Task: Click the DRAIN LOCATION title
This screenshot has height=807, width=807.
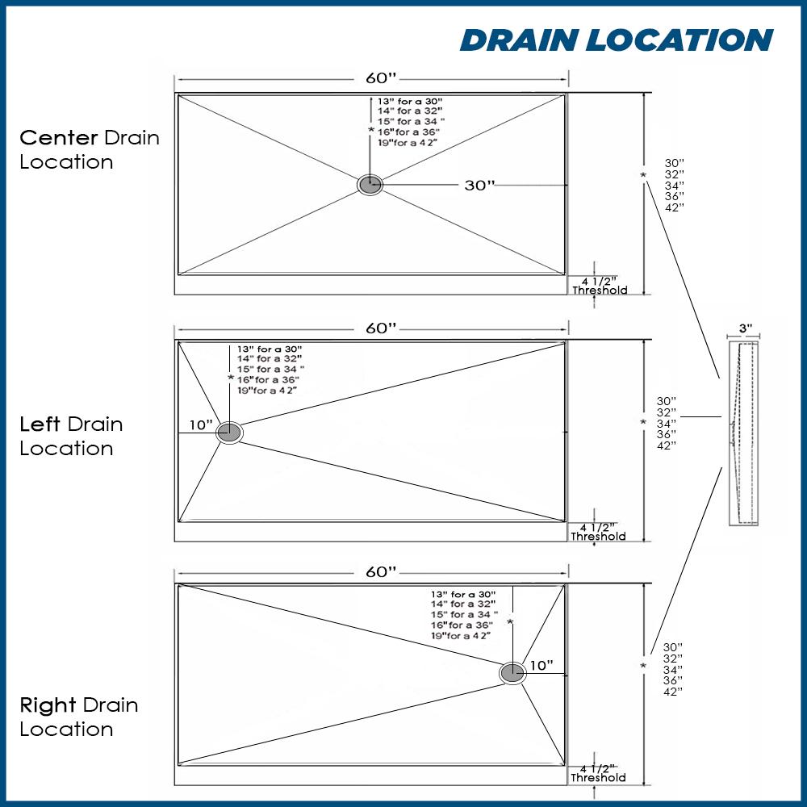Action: click(617, 40)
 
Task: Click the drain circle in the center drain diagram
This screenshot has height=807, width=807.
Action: click(370, 185)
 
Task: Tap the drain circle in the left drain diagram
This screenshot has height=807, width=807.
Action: click(229, 433)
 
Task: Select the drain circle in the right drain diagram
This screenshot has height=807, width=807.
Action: click(512, 672)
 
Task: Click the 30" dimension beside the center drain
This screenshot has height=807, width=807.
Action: click(479, 185)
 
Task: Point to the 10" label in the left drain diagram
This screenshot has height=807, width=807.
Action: click(201, 425)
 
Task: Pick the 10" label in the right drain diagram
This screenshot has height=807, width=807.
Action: click(541, 666)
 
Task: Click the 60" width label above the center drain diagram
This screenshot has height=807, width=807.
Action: click(381, 78)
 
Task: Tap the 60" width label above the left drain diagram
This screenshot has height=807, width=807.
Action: click(381, 328)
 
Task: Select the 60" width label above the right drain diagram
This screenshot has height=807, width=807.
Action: click(381, 572)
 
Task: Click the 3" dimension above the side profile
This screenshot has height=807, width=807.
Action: click(745, 329)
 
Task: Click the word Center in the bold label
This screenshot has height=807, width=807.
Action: click(59, 137)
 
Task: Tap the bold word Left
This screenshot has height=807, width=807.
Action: click(40, 424)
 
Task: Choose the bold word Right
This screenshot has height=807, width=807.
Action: click(48, 705)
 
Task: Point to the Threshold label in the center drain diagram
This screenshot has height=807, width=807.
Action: click(599, 291)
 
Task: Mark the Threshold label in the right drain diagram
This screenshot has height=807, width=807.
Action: click(598, 778)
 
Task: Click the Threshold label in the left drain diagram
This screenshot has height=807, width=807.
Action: click(598, 537)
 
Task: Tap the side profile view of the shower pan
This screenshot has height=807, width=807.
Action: click(743, 433)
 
